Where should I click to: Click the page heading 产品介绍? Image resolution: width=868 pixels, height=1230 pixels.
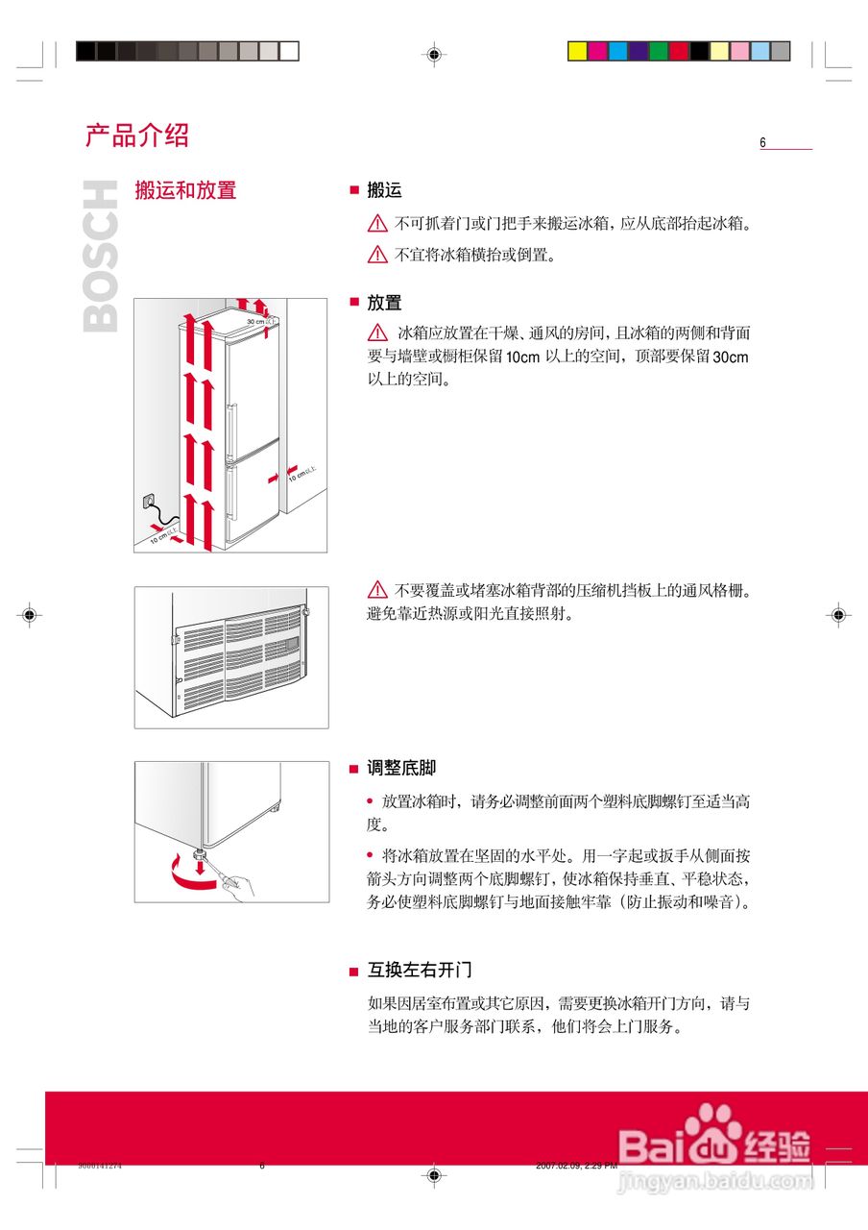(x=136, y=135)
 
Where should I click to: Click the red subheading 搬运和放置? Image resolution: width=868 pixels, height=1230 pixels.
(x=185, y=190)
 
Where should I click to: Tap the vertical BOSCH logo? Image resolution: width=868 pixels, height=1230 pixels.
(x=102, y=257)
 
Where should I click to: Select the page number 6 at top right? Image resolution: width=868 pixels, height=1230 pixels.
(x=763, y=143)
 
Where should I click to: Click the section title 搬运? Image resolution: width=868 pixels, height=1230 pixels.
(x=384, y=190)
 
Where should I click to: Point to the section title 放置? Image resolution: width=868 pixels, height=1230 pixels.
(x=384, y=303)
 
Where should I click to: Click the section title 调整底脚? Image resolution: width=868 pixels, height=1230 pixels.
(x=401, y=768)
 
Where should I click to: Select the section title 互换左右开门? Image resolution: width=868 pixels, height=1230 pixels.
(x=420, y=970)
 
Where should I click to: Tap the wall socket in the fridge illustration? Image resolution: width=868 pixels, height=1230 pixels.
(x=147, y=501)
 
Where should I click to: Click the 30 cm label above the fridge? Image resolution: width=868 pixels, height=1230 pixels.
(x=257, y=321)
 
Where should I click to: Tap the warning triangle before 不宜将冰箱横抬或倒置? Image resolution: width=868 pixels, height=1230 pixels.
(x=377, y=255)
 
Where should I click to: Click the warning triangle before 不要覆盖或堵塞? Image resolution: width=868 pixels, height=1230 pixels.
(x=377, y=589)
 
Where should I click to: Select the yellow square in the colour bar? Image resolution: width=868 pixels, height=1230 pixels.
(x=577, y=51)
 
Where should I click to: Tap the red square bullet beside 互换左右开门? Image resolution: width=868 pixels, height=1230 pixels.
(x=353, y=972)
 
